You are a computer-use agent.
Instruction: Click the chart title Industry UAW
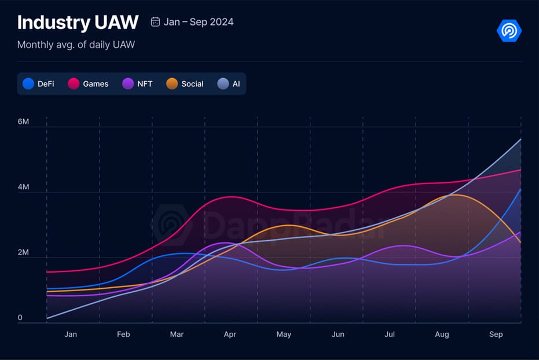(78, 23)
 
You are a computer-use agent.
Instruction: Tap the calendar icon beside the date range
(155, 22)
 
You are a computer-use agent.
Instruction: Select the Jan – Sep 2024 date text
(199, 22)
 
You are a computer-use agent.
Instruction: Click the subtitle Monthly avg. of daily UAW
(76, 45)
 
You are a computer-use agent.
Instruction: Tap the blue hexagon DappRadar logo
(509, 31)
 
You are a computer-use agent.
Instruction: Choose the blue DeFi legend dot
(28, 84)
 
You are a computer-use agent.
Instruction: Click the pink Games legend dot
(74, 84)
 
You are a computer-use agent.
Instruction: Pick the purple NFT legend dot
(128, 84)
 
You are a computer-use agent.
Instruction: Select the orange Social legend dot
(172, 84)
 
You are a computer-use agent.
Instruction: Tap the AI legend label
(236, 84)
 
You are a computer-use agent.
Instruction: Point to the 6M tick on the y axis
(23, 122)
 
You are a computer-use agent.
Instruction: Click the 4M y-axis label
(23, 188)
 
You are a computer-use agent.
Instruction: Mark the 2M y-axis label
(23, 253)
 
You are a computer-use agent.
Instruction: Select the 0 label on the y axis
(20, 318)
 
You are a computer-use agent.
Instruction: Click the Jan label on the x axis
(71, 335)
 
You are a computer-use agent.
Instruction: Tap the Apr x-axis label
(230, 335)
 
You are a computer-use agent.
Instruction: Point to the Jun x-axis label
(338, 335)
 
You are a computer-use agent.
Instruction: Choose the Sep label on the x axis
(496, 335)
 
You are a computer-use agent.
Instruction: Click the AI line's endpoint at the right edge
(520, 139)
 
